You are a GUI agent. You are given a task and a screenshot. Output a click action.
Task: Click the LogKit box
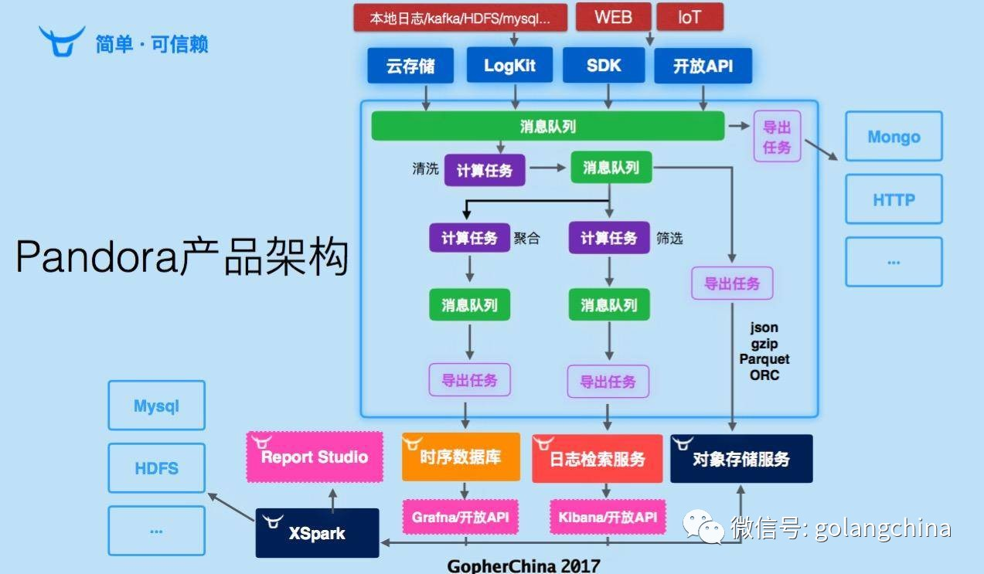click(509, 66)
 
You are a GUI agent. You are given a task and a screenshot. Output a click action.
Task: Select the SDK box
click(604, 66)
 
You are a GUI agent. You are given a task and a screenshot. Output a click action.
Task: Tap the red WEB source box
click(613, 17)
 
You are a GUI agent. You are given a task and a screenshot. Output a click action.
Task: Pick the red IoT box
click(689, 17)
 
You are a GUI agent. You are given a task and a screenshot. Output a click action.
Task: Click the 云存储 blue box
click(410, 66)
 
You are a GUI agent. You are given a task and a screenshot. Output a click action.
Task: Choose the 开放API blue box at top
click(703, 66)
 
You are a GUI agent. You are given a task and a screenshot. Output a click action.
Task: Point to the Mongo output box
click(894, 137)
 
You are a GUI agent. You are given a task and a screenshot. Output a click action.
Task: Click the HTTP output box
click(894, 199)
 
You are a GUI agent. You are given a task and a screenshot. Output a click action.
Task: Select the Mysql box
click(156, 406)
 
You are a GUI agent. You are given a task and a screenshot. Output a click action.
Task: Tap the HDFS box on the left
click(156, 468)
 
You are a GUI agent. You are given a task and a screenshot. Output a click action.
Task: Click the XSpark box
click(317, 533)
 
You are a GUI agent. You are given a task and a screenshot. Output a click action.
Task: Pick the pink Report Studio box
click(315, 457)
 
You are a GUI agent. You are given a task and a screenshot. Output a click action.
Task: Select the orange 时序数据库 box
click(460, 457)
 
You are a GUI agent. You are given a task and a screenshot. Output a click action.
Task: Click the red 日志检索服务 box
click(597, 459)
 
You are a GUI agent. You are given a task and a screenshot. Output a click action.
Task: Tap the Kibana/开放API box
click(608, 517)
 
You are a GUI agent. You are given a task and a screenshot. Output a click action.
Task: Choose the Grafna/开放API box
click(460, 517)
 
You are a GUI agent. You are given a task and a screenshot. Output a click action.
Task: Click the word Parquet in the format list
click(764, 359)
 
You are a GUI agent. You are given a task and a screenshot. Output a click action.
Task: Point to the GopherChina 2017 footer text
click(523, 566)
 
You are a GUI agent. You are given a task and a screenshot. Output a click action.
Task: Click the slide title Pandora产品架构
click(182, 257)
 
